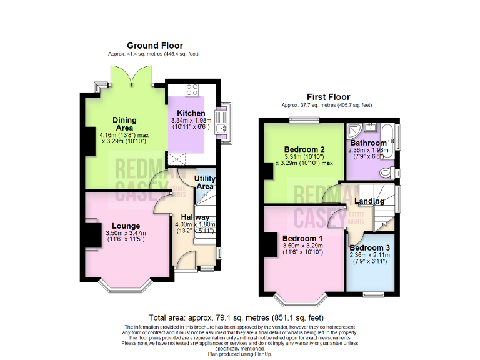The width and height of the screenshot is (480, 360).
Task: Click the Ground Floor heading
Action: [154, 46]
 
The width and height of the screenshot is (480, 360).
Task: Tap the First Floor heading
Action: [327, 97]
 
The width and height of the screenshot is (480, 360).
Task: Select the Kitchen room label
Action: [191, 112]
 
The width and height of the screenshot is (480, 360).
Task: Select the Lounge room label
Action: [126, 226]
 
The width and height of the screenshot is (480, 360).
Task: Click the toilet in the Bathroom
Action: [386, 172]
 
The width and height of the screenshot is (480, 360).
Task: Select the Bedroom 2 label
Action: [304, 149]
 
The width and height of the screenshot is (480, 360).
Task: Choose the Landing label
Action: [369, 201]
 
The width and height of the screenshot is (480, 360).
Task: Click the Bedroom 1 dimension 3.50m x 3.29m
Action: [302, 246]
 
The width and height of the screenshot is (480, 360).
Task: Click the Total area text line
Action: [236, 317]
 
